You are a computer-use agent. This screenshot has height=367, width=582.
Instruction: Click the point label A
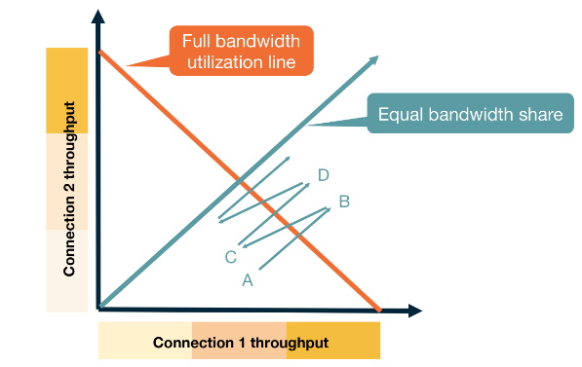247,279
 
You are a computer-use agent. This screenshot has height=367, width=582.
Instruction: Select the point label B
343,202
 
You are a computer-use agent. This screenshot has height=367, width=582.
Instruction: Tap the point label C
231,257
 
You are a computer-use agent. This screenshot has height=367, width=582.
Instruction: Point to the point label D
323,175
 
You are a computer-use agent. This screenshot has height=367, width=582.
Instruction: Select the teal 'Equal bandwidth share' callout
470,115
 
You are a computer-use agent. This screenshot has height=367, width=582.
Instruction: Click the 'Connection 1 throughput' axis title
240,343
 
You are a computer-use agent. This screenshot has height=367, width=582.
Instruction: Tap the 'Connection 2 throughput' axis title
69,186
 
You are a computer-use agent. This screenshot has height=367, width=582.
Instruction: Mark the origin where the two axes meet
99,309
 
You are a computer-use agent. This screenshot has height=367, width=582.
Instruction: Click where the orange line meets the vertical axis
100,49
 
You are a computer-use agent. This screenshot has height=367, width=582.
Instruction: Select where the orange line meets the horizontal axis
379,310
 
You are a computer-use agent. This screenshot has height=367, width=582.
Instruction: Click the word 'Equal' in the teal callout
400,115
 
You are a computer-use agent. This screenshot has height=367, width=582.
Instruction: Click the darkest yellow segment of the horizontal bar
332,343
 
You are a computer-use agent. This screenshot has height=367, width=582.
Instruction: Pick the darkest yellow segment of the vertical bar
67,89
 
